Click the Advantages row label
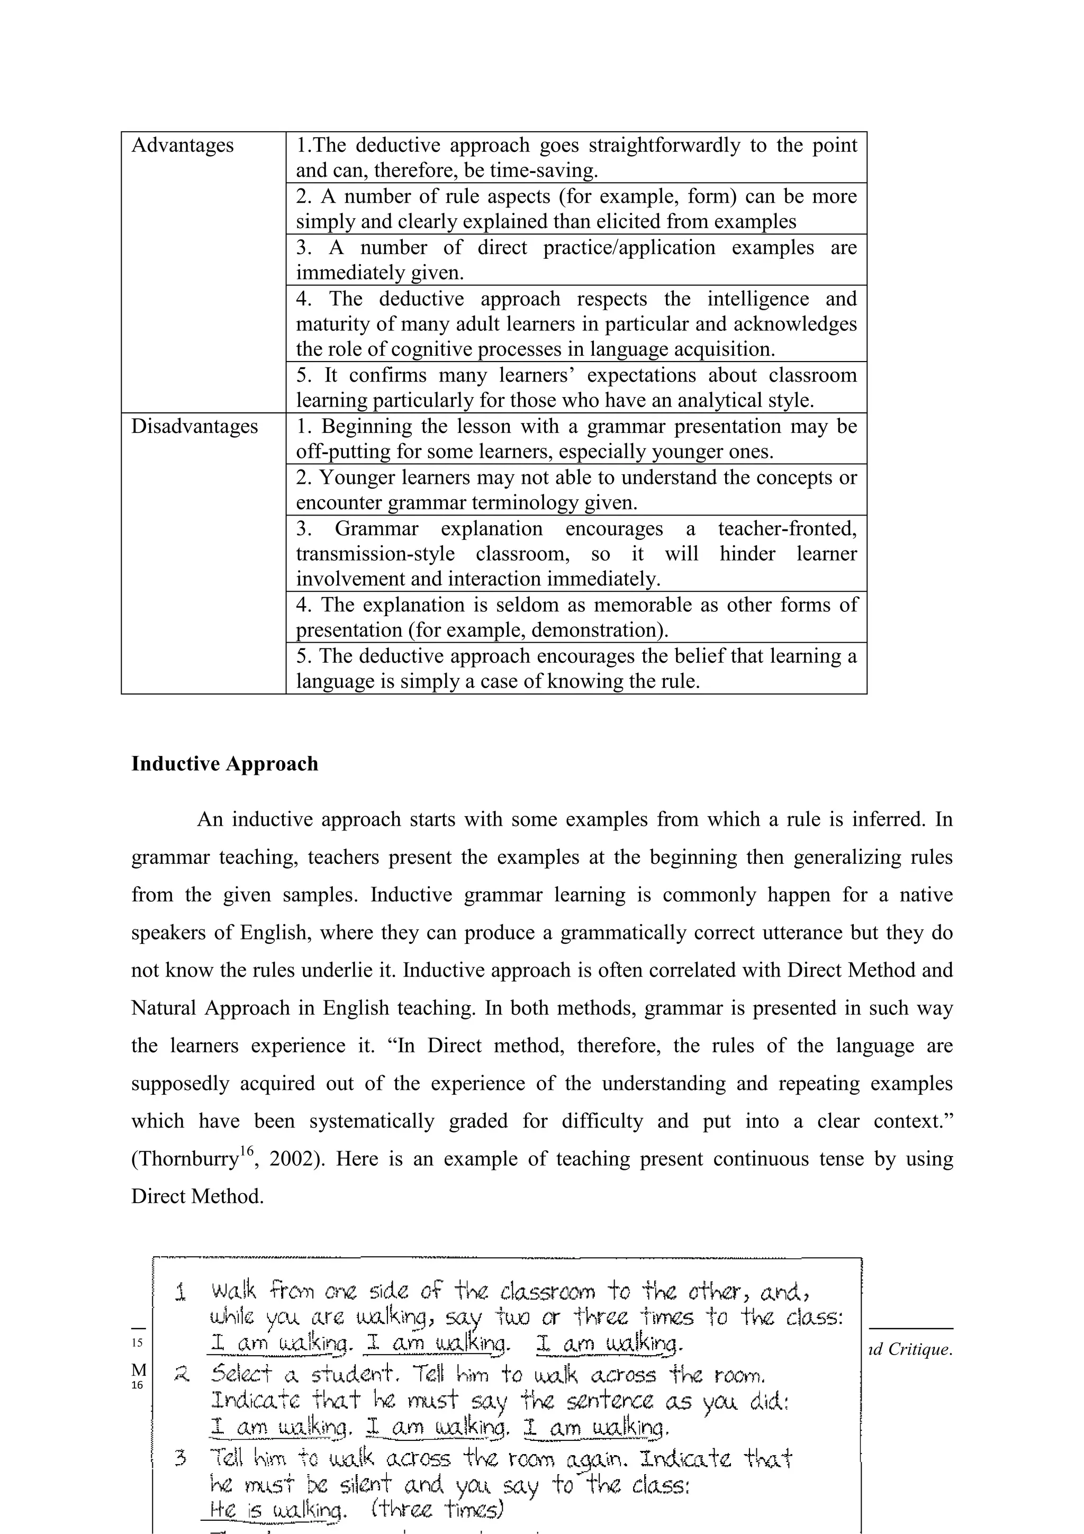point(182,145)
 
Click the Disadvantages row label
point(194,426)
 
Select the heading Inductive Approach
point(224,764)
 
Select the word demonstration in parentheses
point(598,630)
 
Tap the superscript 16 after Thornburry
point(247,1151)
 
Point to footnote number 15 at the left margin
point(137,1343)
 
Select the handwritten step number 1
point(180,1292)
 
